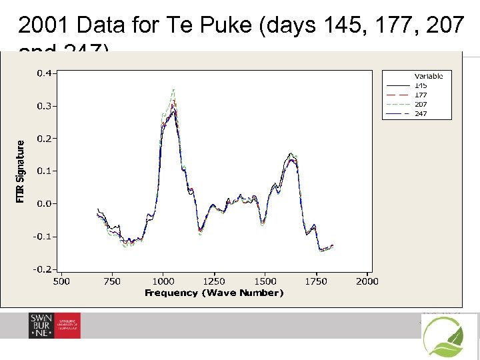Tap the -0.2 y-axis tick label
(43, 269)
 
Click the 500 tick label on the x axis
(61, 281)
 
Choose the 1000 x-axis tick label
(163, 281)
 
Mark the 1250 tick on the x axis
(214, 281)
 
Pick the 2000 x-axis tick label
(367, 281)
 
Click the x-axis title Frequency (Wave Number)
(214, 293)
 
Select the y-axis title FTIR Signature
(21, 171)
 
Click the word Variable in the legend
(429, 76)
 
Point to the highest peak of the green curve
(173, 89)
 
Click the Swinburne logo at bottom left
(54, 325)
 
